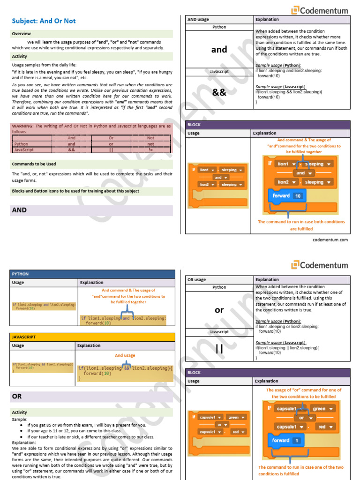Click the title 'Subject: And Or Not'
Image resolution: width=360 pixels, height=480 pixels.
(x=44, y=21)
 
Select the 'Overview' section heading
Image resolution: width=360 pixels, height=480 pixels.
(x=22, y=34)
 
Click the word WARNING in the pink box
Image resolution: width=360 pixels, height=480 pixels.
(x=23, y=126)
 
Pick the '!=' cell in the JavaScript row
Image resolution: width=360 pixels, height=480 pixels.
(x=150, y=150)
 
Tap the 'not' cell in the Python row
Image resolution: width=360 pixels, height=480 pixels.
(x=150, y=144)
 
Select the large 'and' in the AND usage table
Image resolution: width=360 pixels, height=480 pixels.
(x=219, y=50)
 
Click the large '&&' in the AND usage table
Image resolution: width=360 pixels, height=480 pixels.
(x=219, y=92)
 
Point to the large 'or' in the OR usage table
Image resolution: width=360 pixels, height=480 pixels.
(x=219, y=310)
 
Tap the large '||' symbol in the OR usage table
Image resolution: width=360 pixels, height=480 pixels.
(x=219, y=349)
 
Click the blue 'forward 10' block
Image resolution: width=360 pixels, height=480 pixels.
(x=286, y=195)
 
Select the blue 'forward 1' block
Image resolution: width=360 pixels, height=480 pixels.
(x=285, y=440)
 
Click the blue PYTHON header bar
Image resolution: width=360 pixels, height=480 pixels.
(x=92, y=274)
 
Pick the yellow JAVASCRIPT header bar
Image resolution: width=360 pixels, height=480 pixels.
(x=92, y=337)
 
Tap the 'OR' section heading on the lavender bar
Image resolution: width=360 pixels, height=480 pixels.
(x=17, y=397)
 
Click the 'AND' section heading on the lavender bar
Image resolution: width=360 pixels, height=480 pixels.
(x=19, y=210)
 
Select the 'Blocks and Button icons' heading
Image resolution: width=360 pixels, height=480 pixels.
(x=75, y=191)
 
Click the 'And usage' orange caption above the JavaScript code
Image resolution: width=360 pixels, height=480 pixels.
(x=125, y=356)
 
